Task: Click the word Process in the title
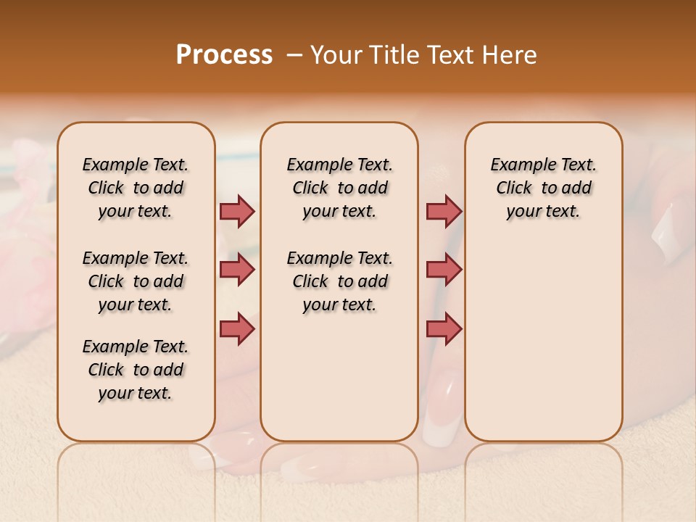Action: [224, 55]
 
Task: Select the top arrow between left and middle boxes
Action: [237, 211]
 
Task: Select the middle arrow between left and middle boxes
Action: [237, 270]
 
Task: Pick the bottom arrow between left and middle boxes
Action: [237, 328]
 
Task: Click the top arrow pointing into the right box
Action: [444, 211]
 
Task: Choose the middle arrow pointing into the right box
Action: [444, 270]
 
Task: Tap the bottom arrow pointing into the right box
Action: [444, 328]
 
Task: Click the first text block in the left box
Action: [136, 188]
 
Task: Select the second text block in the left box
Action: [136, 281]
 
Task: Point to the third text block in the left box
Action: [136, 370]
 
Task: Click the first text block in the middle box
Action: [339, 188]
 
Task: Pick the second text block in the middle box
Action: [339, 281]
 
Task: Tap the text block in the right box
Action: [543, 188]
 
